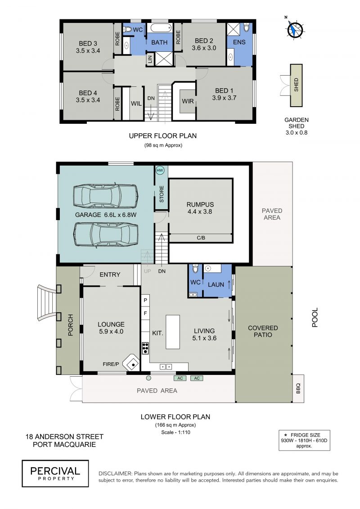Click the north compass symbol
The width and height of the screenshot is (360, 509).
(x=295, y=30)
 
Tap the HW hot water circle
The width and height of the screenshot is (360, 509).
(x=160, y=171)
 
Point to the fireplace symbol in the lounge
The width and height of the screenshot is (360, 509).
(x=132, y=363)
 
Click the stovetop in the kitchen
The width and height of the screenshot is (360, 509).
(x=145, y=348)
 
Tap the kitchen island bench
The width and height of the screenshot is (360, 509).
(x=173, y=332)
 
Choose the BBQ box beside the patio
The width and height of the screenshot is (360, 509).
(x=298, y=388)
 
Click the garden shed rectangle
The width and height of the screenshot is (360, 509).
(x=296, y=86)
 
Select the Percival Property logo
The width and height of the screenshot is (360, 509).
(x=55, y=473)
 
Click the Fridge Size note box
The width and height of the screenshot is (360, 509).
(x=304, y=440)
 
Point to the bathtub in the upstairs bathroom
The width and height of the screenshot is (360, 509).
(x=159, y=28)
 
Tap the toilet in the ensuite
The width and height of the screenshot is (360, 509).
(x=247, y=27)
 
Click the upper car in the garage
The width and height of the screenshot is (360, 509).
(x=105, y=196)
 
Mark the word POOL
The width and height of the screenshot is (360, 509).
(x=315, y=317)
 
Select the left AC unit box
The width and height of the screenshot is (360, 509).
(x=180, y=378)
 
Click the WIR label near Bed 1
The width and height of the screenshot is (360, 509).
(x=188, y=101)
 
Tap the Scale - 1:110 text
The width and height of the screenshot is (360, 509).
(x=175, y=432)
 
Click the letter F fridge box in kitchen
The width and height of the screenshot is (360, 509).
(x=145, y=313)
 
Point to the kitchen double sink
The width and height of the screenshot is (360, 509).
(x=166, y=367)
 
